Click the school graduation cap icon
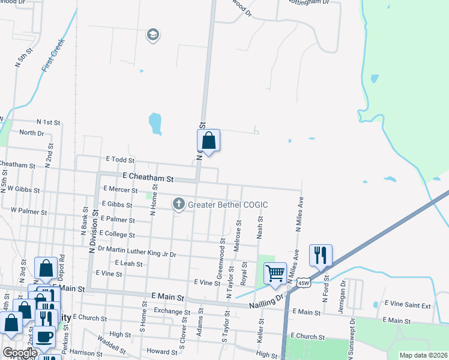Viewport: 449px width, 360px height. pos(153,35)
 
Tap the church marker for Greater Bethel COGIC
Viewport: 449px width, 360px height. pos(178,205)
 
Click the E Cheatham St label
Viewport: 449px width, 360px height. pos(148,178)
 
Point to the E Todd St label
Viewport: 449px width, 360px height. pos(119,160)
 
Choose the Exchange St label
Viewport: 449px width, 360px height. pos(171,311)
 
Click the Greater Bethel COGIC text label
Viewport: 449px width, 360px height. pos(228,205)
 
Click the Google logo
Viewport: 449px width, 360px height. pos(19,353)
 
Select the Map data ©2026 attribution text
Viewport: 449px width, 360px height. pos(423,355)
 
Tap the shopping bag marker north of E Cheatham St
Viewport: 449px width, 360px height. pos(208,142)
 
